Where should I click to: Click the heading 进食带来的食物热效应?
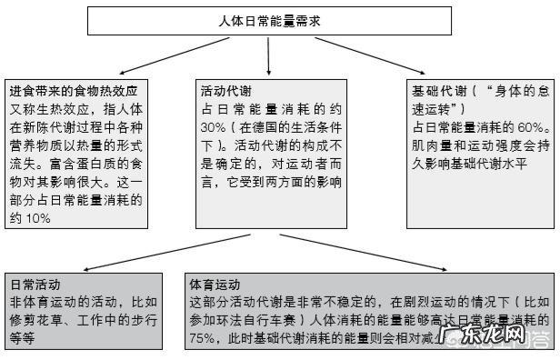click(73, 92)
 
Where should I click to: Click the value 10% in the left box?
click(41, 218)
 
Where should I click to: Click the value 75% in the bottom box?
click(202, 338)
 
